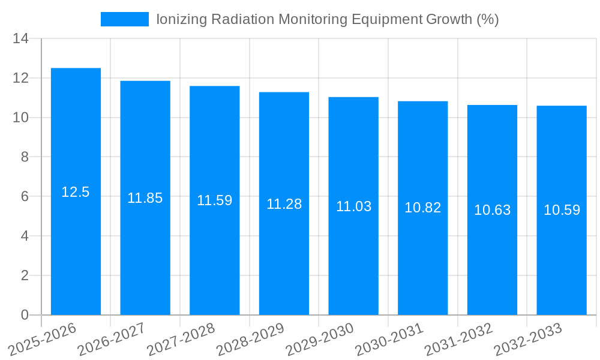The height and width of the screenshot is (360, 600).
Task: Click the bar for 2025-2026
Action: coord(76,252)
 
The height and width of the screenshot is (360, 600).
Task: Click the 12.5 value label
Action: coord(76,192)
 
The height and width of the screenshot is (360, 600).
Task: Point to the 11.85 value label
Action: coord(145,198)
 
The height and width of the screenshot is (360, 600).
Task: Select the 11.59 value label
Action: coord(214,200)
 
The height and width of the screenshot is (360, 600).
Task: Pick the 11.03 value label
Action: coord(353,206)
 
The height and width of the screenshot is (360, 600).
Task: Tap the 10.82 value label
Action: coord(422,208)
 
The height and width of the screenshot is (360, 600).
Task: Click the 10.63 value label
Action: coord(492,210)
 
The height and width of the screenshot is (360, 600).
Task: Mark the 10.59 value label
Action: coord(562,210)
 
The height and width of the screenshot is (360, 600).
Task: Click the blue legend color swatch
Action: coord(124,19)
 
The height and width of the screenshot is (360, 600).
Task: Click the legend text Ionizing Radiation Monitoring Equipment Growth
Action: coord(327,19)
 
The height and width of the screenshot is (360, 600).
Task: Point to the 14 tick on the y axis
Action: coord(21,39)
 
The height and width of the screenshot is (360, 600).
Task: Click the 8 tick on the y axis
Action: coord(25,157)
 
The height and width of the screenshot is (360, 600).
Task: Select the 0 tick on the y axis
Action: coord(25,315)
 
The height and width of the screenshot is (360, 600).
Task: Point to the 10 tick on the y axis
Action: coord(21,118)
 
